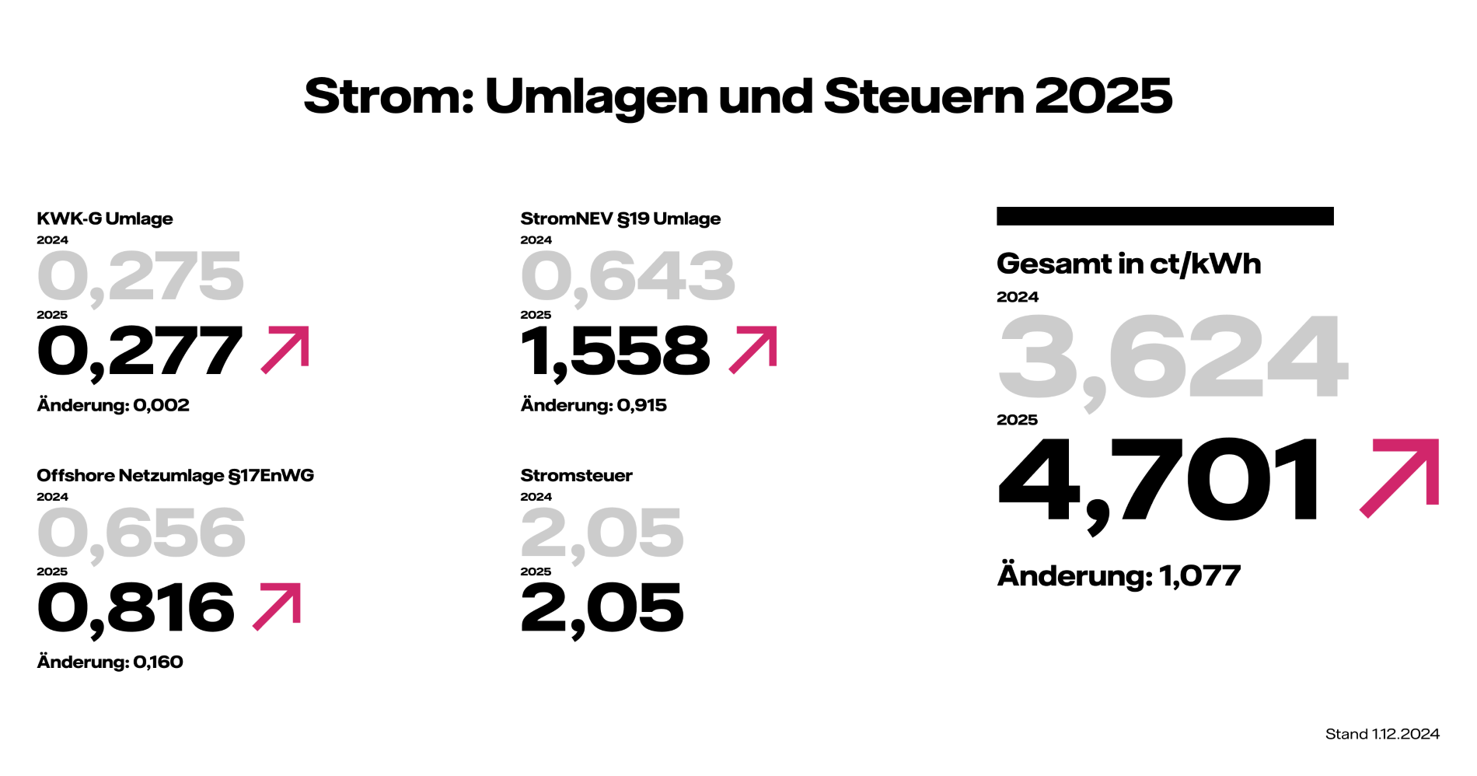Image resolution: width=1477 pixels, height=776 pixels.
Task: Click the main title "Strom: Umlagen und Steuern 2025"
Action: pos(738,96)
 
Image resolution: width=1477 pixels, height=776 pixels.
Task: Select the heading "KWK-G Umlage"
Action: pos(105,218)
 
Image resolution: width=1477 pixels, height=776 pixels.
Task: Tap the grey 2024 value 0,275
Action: pos(141,277)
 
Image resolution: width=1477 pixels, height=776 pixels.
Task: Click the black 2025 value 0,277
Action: pos(140,352)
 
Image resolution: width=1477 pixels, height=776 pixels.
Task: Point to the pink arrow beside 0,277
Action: pos(285,349)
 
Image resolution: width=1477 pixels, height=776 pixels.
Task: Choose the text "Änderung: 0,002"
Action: pos(113,405)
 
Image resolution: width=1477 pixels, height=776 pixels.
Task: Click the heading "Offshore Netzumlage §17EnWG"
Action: pos(176,475)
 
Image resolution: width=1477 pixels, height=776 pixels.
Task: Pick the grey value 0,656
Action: pos(141,533)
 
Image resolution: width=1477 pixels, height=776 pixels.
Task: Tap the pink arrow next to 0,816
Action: pos(278,606)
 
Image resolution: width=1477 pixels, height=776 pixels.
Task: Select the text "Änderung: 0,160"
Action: pos(110,662)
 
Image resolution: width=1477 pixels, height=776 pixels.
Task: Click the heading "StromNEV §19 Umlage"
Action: pos(620,218)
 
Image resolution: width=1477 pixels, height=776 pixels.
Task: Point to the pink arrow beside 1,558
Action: pos(753,349)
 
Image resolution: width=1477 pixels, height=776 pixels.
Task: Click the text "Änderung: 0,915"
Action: pos(594,405)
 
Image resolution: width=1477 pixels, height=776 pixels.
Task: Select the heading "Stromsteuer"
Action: pos(576,475)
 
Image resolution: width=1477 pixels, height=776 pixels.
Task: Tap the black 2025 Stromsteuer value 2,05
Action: pos(602,609)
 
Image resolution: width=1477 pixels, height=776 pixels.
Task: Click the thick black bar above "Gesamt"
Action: pos(1164,216)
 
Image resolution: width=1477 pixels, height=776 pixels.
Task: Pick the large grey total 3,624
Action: pos(1172,358)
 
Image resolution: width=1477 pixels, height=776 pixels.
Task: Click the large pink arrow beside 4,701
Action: pos(1400,477)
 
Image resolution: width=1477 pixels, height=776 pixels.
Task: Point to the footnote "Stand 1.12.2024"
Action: pos(1382,734)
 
